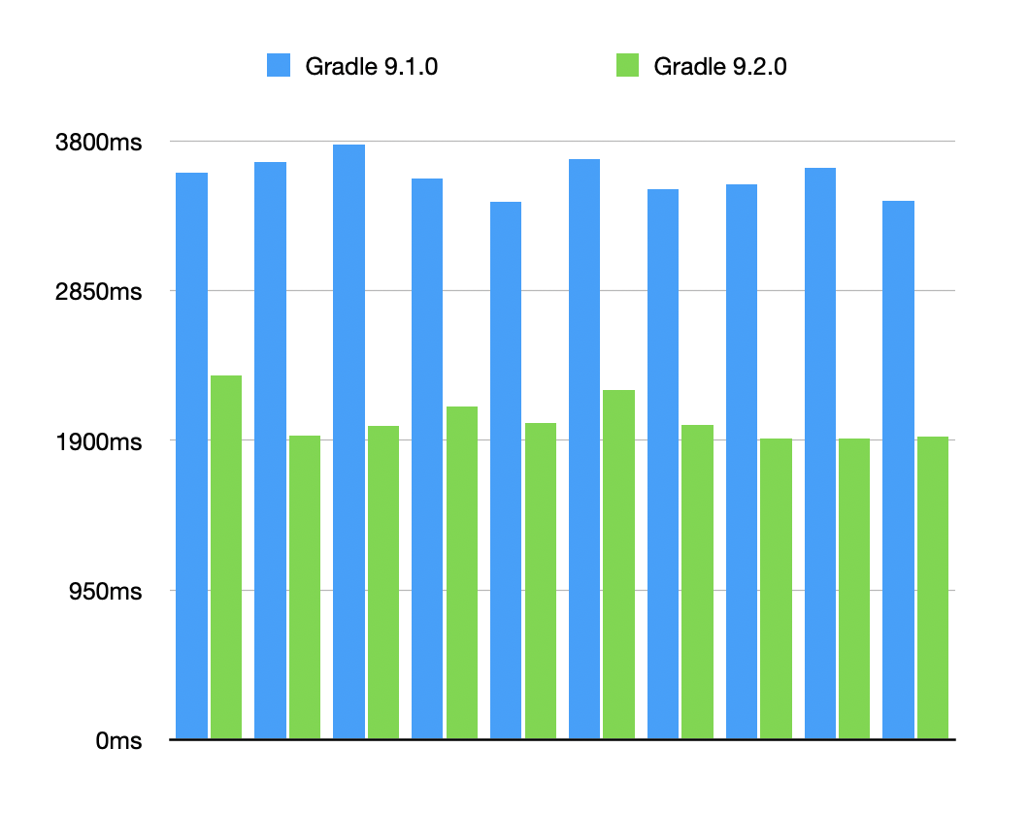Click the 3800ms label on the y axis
pos(98,143)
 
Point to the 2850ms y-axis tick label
pos(98,292)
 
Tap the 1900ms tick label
pos(98,441)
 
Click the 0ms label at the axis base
pos(118,741)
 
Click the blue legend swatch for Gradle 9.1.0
pos(279,66)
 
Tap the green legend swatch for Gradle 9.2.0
pos(627,66)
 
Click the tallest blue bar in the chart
pos(349,441)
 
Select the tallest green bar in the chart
pos(226,557)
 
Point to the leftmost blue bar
pos(191,456)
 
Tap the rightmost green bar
pos(932,587)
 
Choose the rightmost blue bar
pos(898,470)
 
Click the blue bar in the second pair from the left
pos(270,450)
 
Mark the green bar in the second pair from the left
pos(304,587)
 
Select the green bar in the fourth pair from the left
pos(461,572)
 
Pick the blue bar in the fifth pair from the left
pos(506,471)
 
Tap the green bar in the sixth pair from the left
pos(618,565)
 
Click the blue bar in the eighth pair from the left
pos(741,462)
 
